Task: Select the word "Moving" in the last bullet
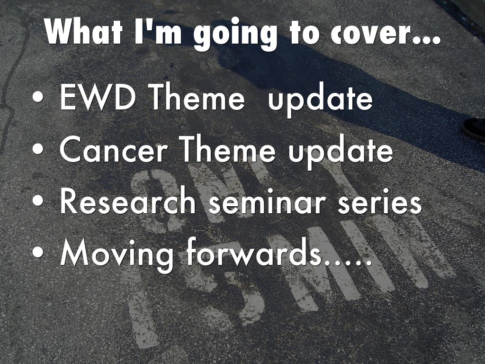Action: coord(117,255)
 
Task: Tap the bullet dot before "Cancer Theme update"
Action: coord(38,149)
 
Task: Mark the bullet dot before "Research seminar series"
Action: coord(38,200)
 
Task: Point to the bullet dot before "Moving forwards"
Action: coord(38,252)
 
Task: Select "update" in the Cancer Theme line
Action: coord(341,153)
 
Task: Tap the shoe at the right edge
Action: coord(474,128)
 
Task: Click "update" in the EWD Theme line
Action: coord(321,100)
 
